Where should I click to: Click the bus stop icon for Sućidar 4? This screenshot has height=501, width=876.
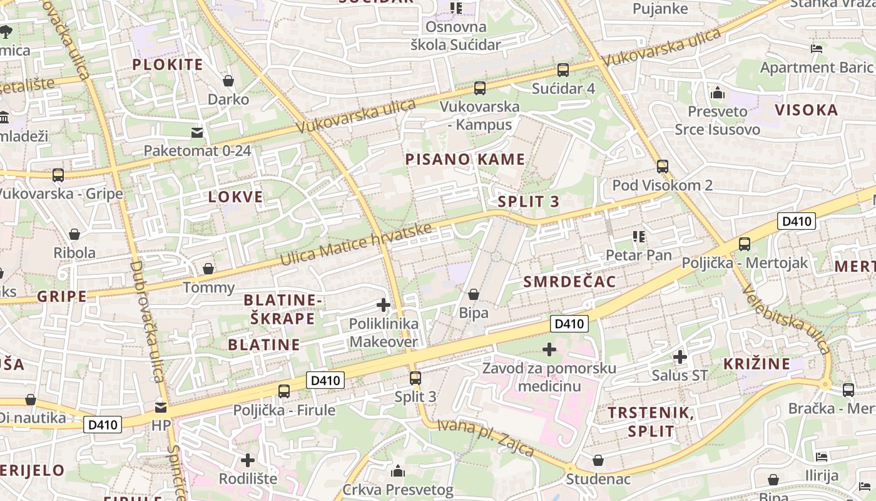[563, 70]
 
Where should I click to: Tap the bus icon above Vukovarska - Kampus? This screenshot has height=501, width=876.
[480, 88]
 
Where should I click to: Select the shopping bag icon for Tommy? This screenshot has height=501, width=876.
[208, 269]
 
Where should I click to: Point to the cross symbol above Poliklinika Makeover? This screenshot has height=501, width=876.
[384, 306]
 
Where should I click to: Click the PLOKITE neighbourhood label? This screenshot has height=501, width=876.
[168, 65]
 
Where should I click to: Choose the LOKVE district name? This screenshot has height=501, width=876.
[236, 197]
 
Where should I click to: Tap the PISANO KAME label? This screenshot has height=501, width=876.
[465, 159]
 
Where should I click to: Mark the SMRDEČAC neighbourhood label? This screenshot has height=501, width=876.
[569, 281]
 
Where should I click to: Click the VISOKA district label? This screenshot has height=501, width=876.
[807, 110]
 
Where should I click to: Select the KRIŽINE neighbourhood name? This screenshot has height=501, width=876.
[757, 363]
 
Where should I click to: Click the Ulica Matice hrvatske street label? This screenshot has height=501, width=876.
[356, 244]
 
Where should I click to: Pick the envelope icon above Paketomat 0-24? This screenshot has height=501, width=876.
[197, 132]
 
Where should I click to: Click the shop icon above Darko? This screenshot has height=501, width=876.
[228, 81]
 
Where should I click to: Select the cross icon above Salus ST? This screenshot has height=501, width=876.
[680, 358]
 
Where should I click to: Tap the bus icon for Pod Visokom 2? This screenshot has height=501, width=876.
[663, 167]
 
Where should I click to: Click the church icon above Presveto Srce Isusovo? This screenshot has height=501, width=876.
[718, 93]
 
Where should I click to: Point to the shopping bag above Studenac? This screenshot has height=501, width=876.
[598, 460]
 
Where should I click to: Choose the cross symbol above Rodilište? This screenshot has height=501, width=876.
[248, 460]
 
